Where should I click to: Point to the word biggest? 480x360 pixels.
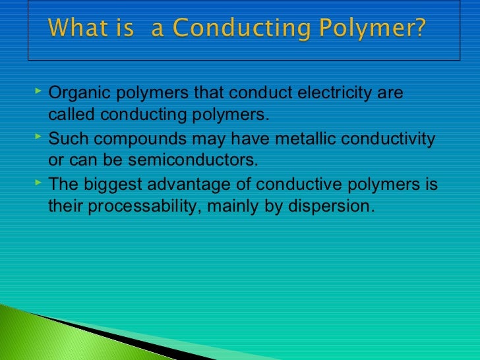coord(112,185)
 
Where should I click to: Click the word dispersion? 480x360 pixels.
coord(336,206)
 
